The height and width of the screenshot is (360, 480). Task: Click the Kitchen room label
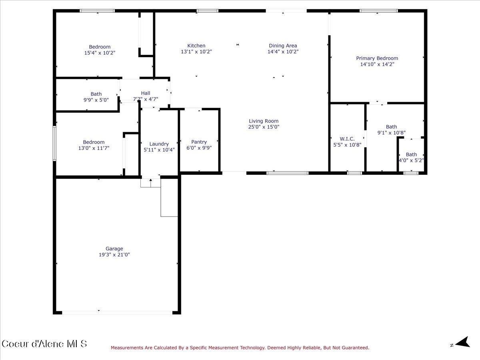coord(196,46)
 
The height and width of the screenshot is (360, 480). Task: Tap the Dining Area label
coord(283,46)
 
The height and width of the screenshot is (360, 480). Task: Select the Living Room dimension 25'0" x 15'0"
coord(264,127)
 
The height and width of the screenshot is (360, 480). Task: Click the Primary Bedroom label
coord(377,58)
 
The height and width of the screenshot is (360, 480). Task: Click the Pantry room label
coord(199,142)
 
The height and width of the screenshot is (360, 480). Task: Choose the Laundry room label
coord(159,144)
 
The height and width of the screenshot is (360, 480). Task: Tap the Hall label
coord(145,93)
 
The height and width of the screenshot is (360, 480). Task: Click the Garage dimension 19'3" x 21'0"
coord(114,254)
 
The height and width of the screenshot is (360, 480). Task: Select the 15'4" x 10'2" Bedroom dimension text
coord(100,52)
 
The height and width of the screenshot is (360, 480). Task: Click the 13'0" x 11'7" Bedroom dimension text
coord(94,148)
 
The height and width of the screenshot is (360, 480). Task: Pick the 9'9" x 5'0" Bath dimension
coord(96,100)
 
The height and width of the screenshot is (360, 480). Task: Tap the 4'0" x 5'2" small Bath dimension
coord(411,160)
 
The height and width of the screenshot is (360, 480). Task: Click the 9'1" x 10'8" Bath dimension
coord(391,132)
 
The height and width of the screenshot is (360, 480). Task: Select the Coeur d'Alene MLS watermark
coord(44,344)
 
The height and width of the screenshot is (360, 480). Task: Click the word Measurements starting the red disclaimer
coord(127,348)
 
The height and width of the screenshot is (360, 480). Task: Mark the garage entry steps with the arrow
coord(150,182)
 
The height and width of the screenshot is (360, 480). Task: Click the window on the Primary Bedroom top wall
coord(378,11)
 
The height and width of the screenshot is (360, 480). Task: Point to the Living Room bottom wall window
coord(287,173)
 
